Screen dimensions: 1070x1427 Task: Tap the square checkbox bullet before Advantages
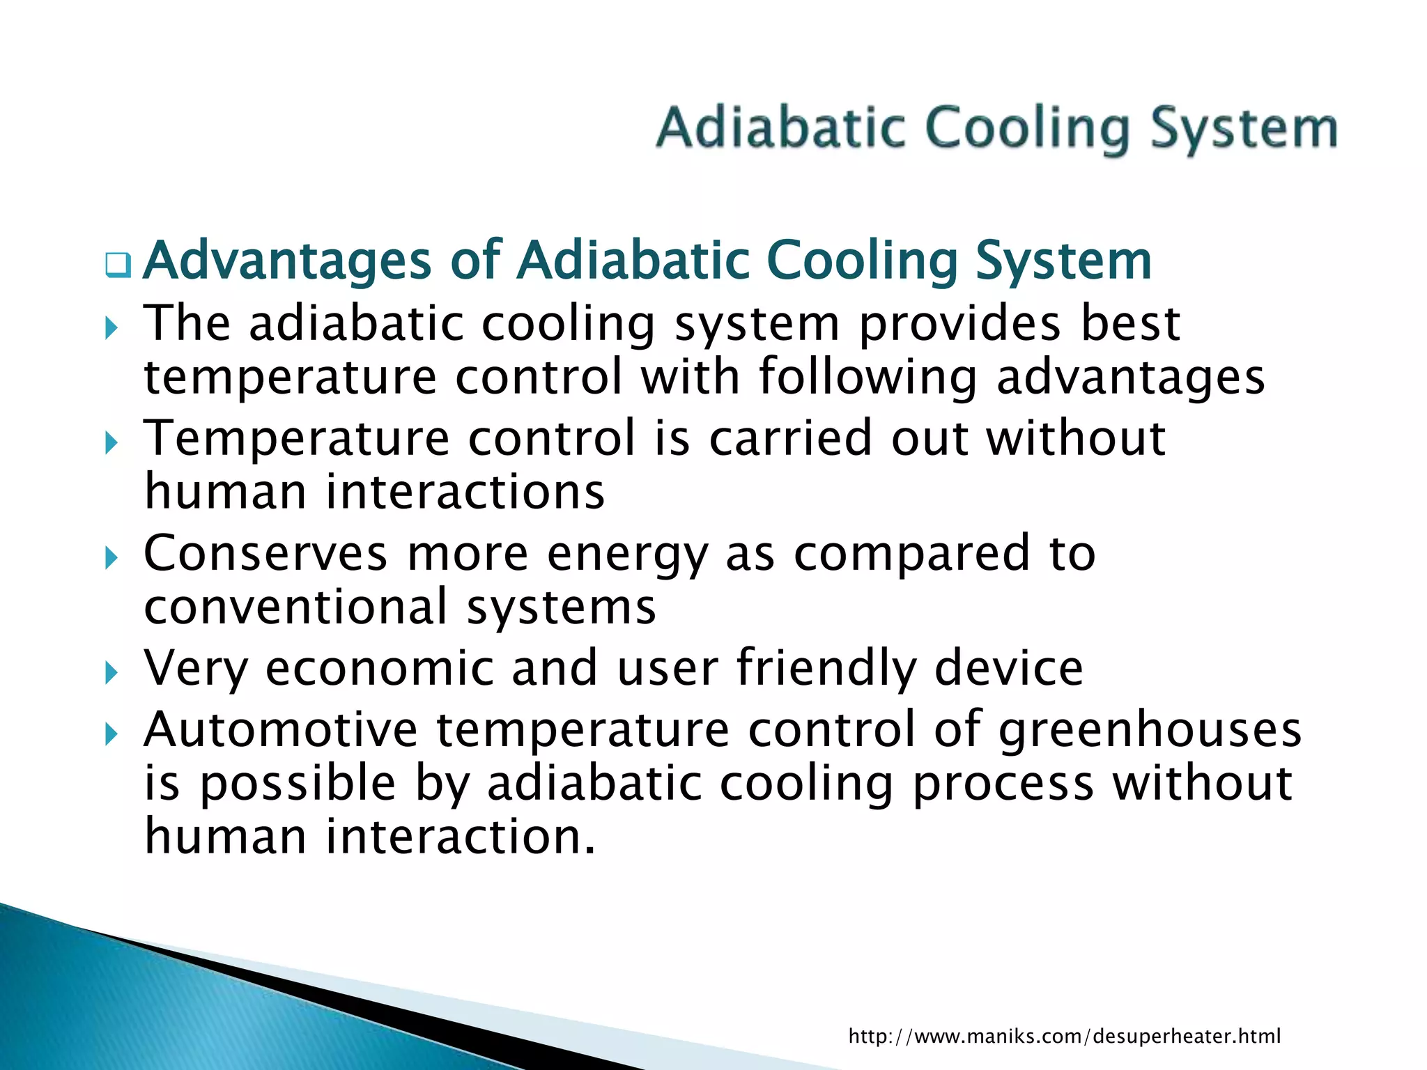(118, 265)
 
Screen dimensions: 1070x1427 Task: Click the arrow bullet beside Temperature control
(111, 442)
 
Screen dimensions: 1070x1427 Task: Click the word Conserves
(265, 554)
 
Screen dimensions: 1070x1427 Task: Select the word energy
(626, 555)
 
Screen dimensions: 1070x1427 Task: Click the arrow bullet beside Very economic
(111, 673)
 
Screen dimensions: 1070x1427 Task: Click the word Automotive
(281, 730)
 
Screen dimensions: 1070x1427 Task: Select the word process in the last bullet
(1003, 785)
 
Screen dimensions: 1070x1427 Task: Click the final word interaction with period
(461, 837)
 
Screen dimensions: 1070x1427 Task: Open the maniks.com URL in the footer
(1064, 1037)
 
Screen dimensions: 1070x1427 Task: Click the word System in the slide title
(1243, 130)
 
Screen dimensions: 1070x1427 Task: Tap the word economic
(380, 669)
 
